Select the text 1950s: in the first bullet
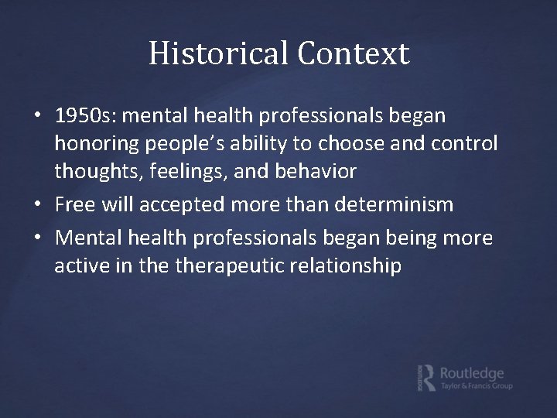pos(87,116)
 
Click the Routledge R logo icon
pos(424,376)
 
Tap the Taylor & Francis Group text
pos(476,386)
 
